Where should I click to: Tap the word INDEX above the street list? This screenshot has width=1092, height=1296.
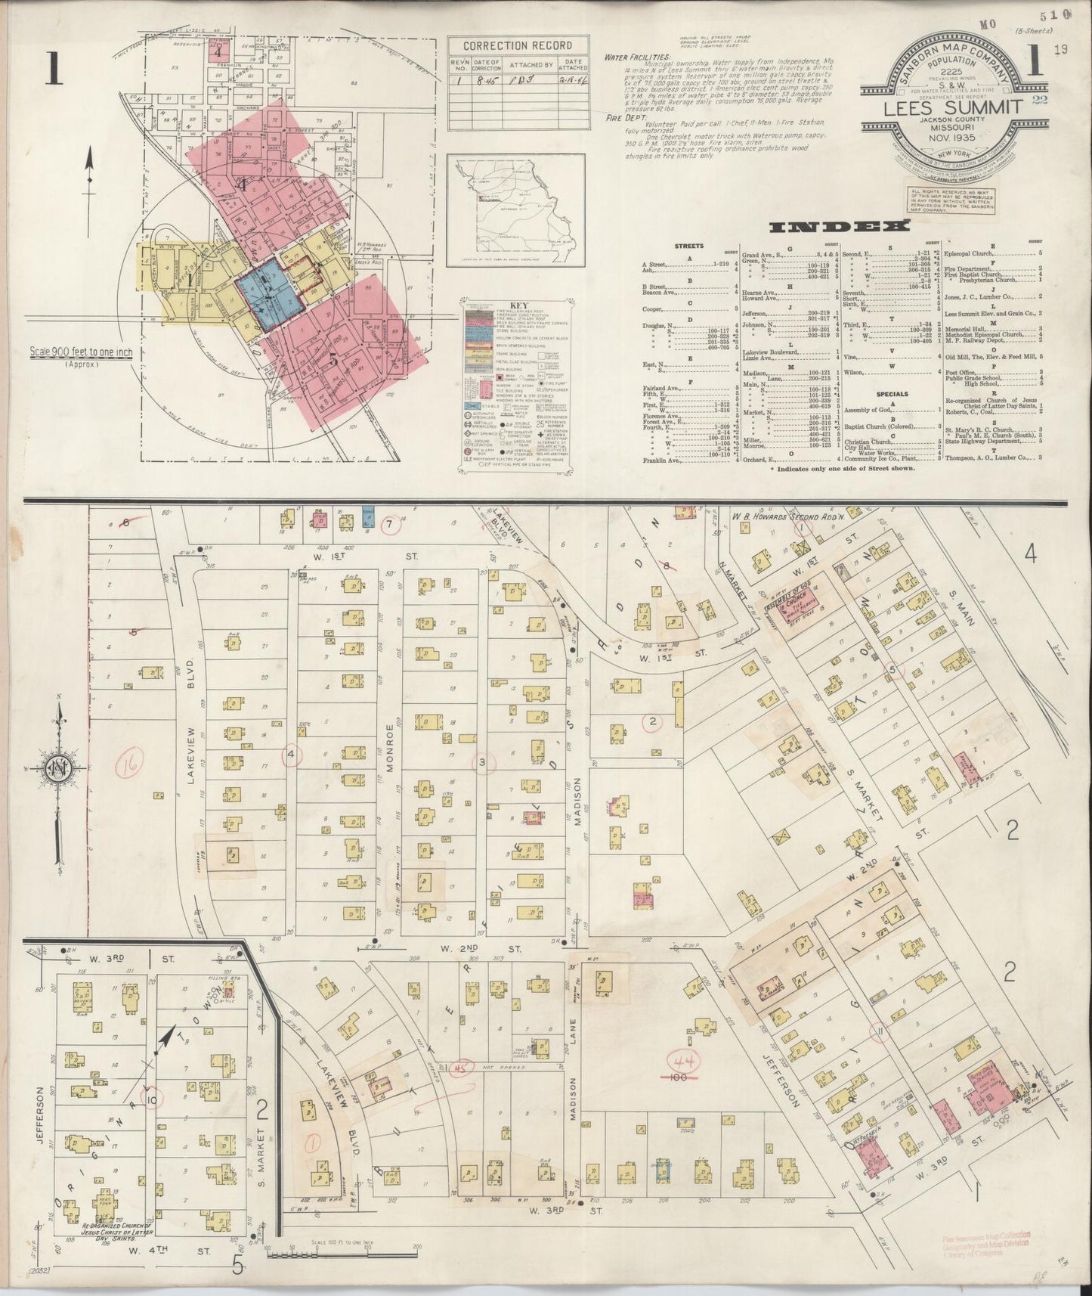838,226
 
